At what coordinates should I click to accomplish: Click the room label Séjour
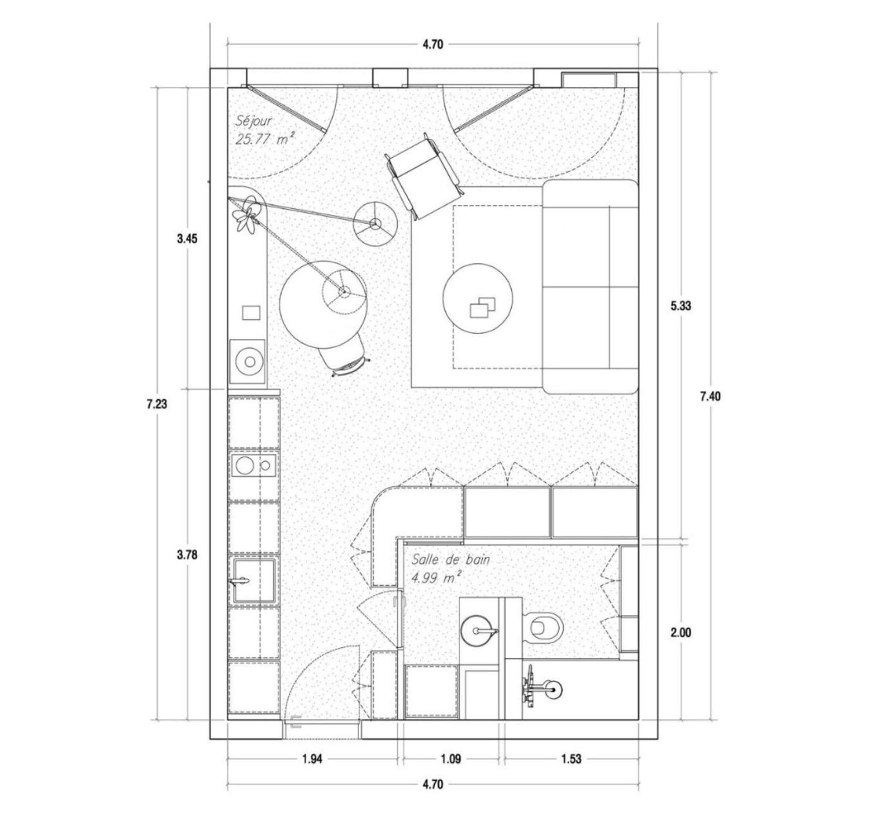coord(253,121)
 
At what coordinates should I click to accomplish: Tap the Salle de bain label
coord(451,559)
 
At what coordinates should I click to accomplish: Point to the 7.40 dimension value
coord(710,396)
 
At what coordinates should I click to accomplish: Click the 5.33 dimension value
coord(681,305)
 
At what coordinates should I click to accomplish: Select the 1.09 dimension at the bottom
coord(450,759)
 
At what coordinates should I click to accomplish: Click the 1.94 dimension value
coord(312,759)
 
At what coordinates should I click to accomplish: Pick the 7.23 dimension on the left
coord(158,404)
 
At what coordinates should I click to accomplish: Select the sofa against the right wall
coord(590,286)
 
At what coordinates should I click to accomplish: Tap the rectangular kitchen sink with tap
coord(254,581)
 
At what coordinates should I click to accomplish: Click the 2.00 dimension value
coord(681,633)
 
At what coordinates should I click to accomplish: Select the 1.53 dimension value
coord(570,759)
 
